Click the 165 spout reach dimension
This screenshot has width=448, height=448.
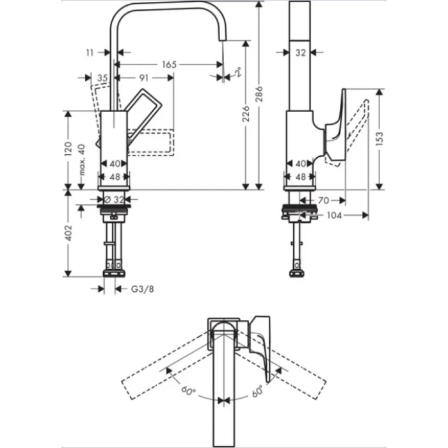pyautogui.click(x=168, y=65)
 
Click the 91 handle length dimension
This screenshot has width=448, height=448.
pyautogui.click(x=144, y=77)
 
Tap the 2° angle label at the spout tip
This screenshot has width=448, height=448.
pyautogui.click(x=239, y=72)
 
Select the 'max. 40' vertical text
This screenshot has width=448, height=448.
pyautogui.click(x=81, y=160)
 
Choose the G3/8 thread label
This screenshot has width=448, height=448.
pyautogui.click(x=142, y=289)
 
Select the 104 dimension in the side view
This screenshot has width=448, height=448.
pyautogui.click(x=333, y=215)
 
